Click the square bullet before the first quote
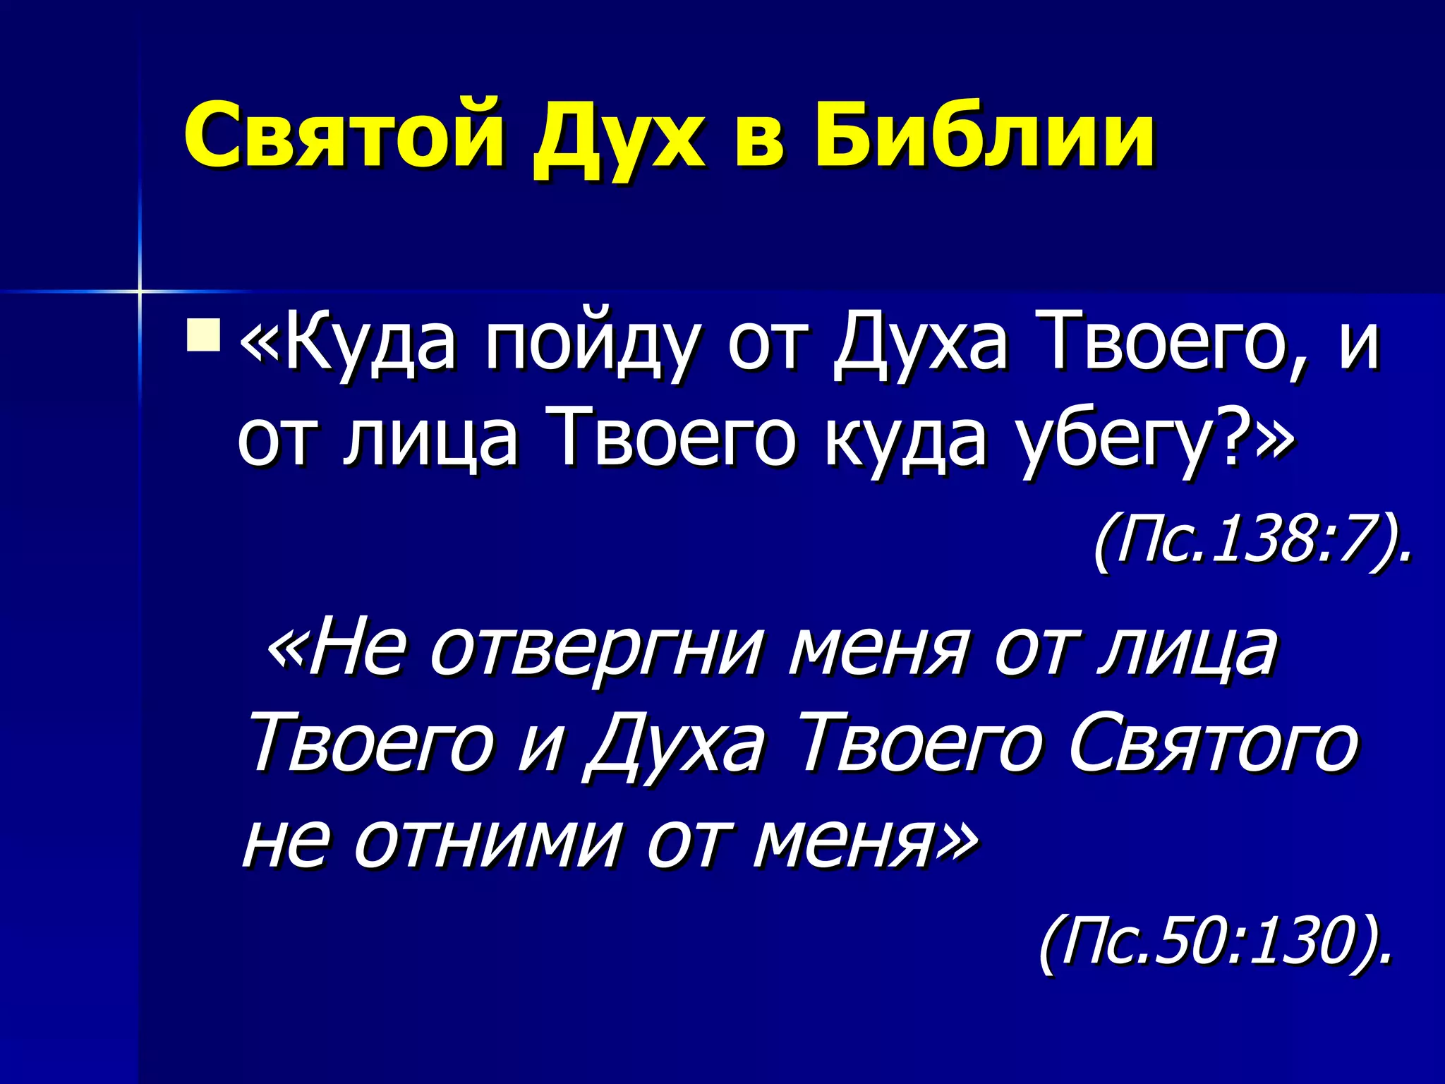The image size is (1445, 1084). [x=203, y=335]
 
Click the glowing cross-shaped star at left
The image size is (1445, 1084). [x=140, y=290]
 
